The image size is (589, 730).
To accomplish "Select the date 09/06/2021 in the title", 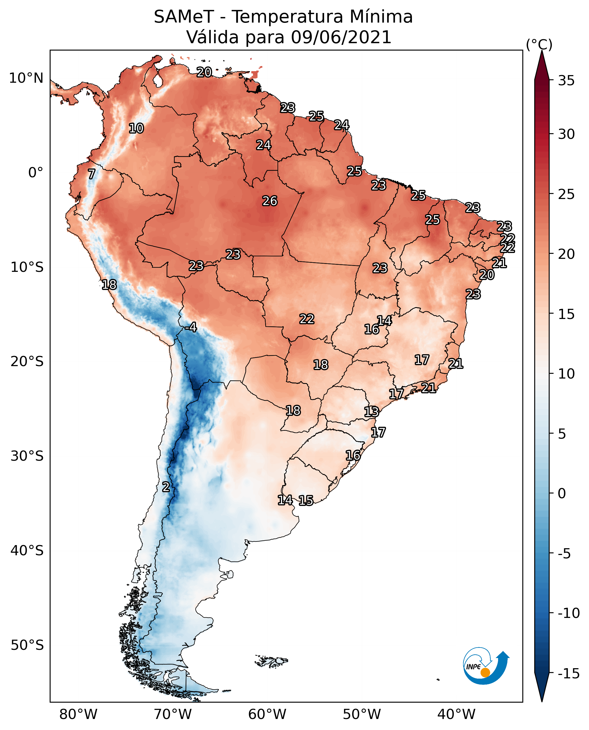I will click(x=341, y=37).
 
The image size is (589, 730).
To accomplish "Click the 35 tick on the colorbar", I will click(x=566, y=81).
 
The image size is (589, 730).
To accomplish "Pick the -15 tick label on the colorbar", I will click(x=568, y=674).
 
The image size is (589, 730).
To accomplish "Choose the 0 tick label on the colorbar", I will click(x=562, y=493).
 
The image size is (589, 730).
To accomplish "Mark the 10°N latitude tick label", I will click(x=26, y=78).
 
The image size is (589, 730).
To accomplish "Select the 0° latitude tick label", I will click(x=36, y=173).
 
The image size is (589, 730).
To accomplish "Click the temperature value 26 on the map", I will click(x=270, y=201).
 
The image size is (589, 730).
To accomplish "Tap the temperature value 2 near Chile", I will click(x=165, y=487).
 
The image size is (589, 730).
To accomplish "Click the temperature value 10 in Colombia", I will click(x=136, y=128).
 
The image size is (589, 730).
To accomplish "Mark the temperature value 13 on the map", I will click(x=371, y=412).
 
